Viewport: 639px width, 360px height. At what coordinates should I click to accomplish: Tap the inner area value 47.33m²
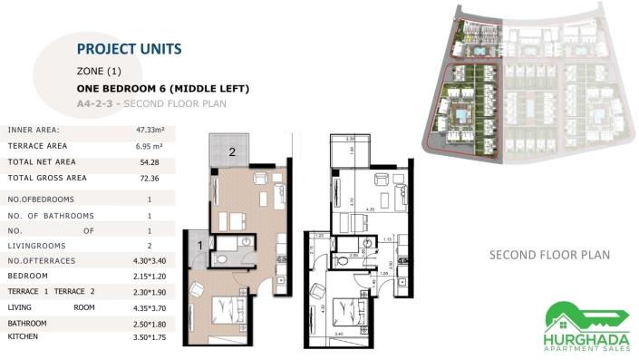pyautogui.click(x=149, y=131)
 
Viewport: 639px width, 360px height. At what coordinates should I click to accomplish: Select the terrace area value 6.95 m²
pyautogui.click(x=149, y=146)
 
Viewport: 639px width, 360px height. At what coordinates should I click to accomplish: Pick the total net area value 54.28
pyautogui.click(x=149, y=161)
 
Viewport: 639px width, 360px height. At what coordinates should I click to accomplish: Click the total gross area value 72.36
pyautogui.click(x=149, y=178)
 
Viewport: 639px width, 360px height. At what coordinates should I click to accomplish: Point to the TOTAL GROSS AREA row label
pyautogui.click(x=47, y=178)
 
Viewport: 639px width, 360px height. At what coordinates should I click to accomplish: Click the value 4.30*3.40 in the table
pyautogui.click(x=149, y=261)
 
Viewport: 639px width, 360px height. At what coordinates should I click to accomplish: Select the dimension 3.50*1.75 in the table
pyautogui.click(x=149, y=336)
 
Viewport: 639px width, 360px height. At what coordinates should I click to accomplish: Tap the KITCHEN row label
pyautogui.click(x=24, y=336)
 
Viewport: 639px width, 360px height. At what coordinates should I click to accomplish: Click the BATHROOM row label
pyautogui.click(x=27, y=323)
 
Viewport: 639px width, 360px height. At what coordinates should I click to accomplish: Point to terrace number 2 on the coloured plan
pyautogui.click(x=232, y=152)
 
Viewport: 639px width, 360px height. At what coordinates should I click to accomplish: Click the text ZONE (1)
pyautogui.click(x=100, y=71)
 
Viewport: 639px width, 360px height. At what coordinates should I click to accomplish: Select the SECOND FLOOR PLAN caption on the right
pyautogui.click(x=549, y=255)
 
